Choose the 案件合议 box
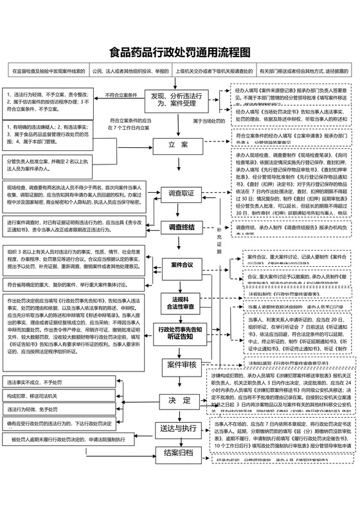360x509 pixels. click(x=181, y=265)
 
